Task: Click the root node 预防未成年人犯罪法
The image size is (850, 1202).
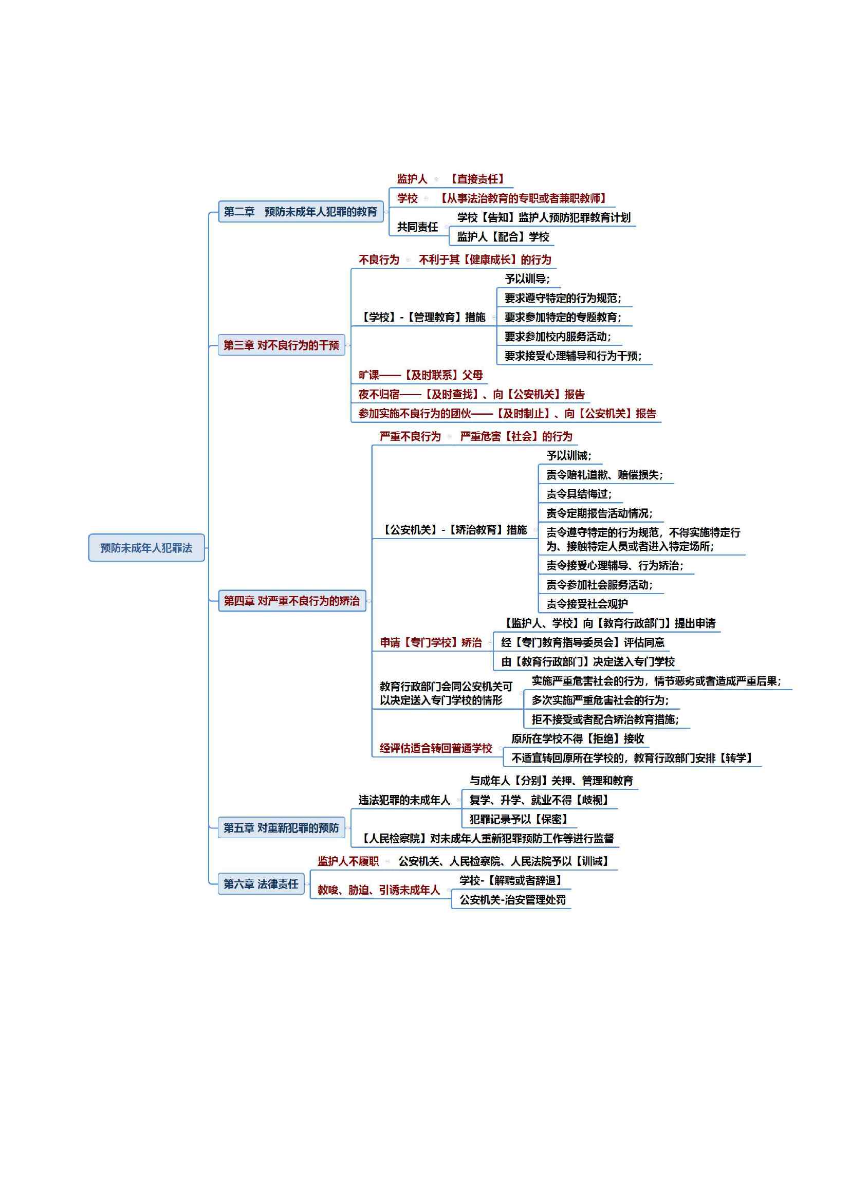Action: (146, 548)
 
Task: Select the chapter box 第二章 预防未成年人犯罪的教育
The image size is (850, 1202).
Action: (301, 212)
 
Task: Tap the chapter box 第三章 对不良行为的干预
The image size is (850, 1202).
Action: (282, 345)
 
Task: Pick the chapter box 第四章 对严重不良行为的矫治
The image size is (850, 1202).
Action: (292, 600)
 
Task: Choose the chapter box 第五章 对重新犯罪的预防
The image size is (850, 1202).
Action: (282, 828)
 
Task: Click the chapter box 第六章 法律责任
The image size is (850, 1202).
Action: (261, 884)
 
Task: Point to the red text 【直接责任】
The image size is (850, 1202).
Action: (477, 179)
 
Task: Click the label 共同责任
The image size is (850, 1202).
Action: (418, 227)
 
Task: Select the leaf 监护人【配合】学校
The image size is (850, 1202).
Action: (504, 236)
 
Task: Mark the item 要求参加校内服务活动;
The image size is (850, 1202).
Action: (558, 337)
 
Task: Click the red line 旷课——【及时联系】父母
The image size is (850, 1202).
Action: (421, 375)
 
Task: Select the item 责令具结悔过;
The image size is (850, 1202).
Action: (579, 494)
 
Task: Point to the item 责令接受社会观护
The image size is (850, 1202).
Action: (587, 604)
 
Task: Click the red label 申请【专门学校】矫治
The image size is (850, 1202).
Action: (431, 642)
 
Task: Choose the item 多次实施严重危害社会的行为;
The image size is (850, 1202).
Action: (600, 700)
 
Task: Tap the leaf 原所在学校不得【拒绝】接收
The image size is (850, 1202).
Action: (578, 738)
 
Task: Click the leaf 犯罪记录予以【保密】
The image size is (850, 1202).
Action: (519, 819)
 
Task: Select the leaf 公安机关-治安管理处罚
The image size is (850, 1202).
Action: (513, 900)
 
